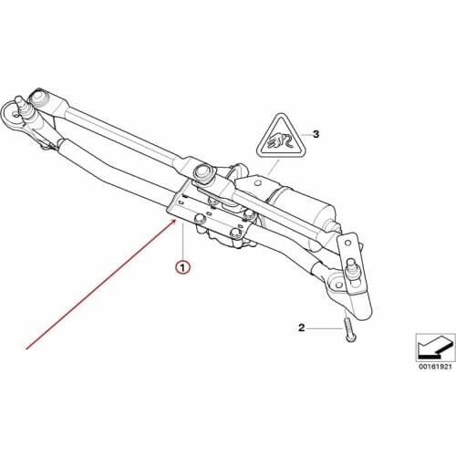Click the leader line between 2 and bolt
(x=324, y=326)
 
